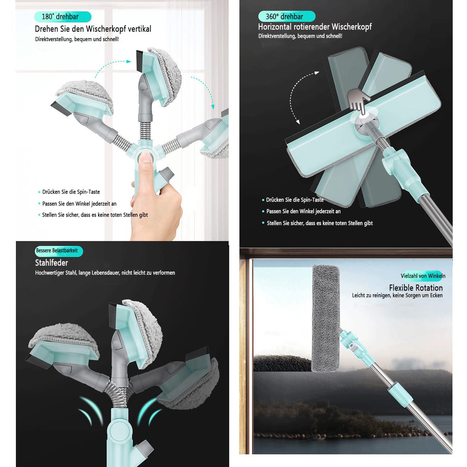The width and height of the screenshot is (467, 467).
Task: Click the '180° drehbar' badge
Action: pos(63,17)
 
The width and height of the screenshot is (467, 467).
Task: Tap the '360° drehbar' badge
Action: pos(287,17)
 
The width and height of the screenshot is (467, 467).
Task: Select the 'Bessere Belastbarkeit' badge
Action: pos(59,251)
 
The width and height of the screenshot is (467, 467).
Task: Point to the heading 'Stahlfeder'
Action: pos(51,263)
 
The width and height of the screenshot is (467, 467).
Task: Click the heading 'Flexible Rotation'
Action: pos(416,288)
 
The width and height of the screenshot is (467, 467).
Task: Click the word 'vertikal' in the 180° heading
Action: pos(139,29)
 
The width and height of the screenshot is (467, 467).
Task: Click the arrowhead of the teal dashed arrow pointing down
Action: pos(213,107)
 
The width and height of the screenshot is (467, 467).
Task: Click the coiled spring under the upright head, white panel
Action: pos(145,130)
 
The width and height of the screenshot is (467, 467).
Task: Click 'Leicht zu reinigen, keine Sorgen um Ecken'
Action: pos(397,295)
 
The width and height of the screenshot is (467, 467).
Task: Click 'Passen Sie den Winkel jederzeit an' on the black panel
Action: pos(304,211)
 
